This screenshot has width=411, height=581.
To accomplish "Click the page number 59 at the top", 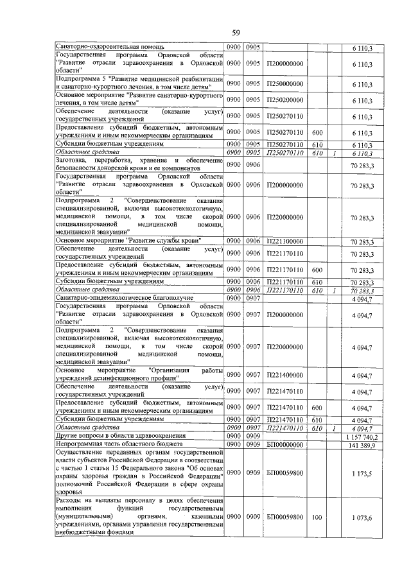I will (236, 33).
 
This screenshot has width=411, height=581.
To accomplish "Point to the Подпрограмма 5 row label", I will (139, 84).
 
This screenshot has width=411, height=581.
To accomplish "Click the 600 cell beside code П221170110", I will (316, 270).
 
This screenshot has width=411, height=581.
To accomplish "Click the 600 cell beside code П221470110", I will (316, 407).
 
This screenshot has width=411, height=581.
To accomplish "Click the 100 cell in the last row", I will (316, 517).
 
